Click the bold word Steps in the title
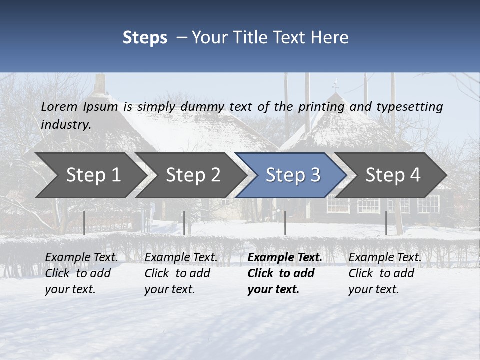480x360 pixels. click(x=145, y=38)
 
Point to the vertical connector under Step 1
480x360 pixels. click(x=84, y=223)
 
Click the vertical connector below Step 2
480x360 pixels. click(x=184, y=223)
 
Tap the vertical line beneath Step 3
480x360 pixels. click(x=285, y=223)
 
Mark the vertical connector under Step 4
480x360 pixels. click(x=386, y=223)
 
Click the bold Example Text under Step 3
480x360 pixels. click(x=285, y=257)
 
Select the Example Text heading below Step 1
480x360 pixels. click(x=82, y=257)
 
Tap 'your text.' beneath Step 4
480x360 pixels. click(x=374, y=289)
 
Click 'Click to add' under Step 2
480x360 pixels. click(x=177, y=273)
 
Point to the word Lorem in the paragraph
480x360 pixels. click(x=59, y=106)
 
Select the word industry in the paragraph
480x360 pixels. click(x=66, y=124)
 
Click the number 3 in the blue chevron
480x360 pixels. click(x=315, y=175)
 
